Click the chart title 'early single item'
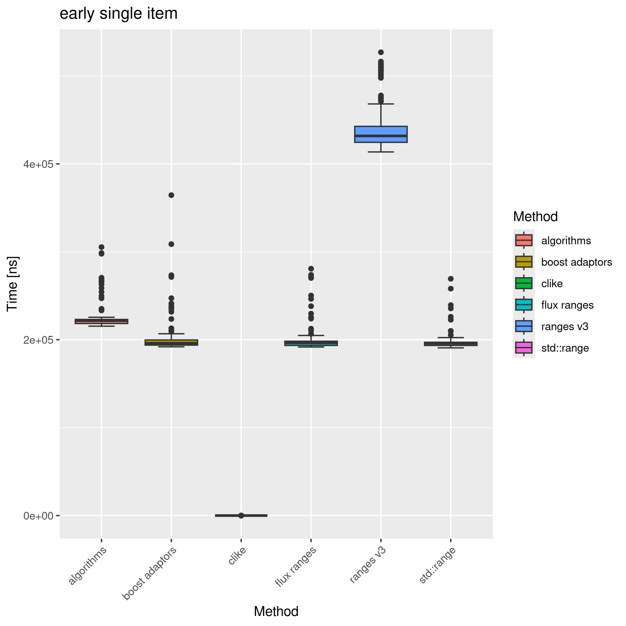click(x=118, y=14)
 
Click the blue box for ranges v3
click(x=381, y=134)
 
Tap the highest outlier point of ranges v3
click(x=381, y=52)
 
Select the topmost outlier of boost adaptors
click(x=171, y=195)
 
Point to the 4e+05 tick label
click(x=38, y=164)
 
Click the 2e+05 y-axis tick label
click(x=38, y=340)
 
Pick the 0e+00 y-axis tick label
click(x=38, y=516)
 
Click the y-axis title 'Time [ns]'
click(x=12, y=284)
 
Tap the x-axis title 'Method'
click(x=276, y=611)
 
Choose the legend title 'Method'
click(x=535, y=217)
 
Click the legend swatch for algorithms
click(x=524, y=240)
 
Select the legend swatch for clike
click(x=524, y=283)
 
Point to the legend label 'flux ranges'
click(x=567, y=305)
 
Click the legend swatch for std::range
click(x=524, y=348)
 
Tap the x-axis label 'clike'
click(x=237, y=556)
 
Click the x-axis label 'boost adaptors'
click(x=149, y=573)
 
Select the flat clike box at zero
click(x=241, y=516)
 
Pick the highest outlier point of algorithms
click(x=101, y=247)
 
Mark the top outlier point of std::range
click(x=450, y=279)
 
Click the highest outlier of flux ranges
click(x=311, y=269)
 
